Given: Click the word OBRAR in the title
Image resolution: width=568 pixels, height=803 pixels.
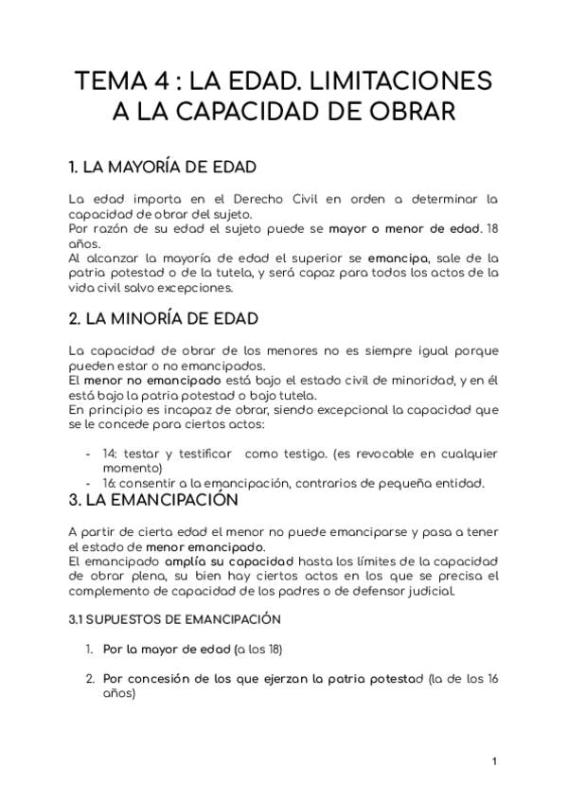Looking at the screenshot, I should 415,112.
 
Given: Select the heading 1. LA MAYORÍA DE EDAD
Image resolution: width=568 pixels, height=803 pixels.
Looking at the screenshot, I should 163,168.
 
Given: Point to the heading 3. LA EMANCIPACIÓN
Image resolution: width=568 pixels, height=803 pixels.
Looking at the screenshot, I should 153,498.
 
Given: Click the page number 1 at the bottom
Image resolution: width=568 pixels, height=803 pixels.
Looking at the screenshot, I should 494,760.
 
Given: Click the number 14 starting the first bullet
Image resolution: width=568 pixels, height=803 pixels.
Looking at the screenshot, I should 109,454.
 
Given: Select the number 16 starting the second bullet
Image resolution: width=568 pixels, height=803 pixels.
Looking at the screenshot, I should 109,483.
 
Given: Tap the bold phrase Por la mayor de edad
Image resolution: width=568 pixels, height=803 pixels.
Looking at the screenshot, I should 167,650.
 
